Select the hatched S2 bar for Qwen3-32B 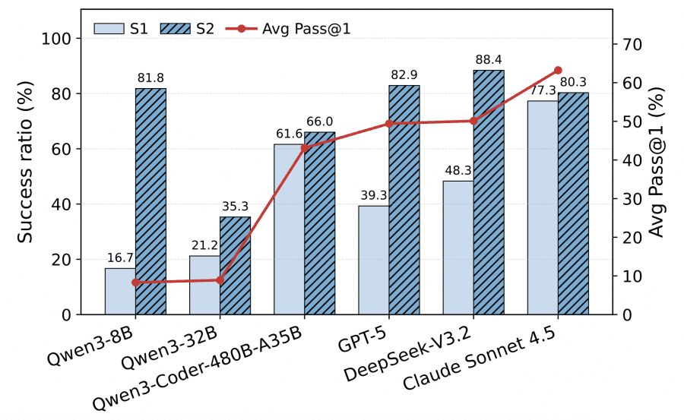(x=236, y=266)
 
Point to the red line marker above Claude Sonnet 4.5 (x=558, y=70)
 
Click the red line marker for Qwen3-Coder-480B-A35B (x=305, y=147)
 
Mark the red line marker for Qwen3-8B (x=135, y=283)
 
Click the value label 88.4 (x=489, y=60)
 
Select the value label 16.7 (x=120, y=258)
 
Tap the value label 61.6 (x=289, y=134)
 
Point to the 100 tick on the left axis (x=61, y=39)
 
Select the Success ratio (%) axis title (x=26, y=176)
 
